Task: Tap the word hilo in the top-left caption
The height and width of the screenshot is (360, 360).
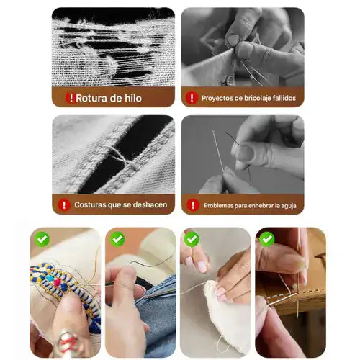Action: pyautogui.click(x=133, y=98)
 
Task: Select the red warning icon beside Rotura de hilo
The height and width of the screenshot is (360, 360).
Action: pyautogui.click(x=71, y=98)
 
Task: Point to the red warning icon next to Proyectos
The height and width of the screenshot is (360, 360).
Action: pyautogui.click(x=192, y=98)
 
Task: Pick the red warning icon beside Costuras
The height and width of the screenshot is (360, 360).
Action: pyautogui.click(x=64, y=205)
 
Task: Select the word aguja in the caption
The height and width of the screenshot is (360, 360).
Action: pyautogui.click(x=289, y=206)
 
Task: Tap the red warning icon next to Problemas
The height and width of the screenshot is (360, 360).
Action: pyautogui.click(x=193, y=205)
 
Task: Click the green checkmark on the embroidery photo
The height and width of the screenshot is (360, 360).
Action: pyautogui.click(x=42, y=239)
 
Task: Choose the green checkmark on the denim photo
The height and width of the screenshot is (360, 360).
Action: pyautogui.click(x=117, y=239)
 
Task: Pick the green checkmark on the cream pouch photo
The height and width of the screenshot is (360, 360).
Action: pyautogui.click(x=192, y=239)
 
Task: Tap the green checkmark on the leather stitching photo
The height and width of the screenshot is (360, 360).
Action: pyautogui.click(x=267, y=239)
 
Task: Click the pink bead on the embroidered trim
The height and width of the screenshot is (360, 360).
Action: pyautogui.click(x=57, y=282)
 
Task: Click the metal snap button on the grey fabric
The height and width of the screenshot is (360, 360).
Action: pyautogui.click(x=230, y=80)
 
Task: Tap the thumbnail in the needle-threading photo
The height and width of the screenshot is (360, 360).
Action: pyautogui.click(x=246, y=153)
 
